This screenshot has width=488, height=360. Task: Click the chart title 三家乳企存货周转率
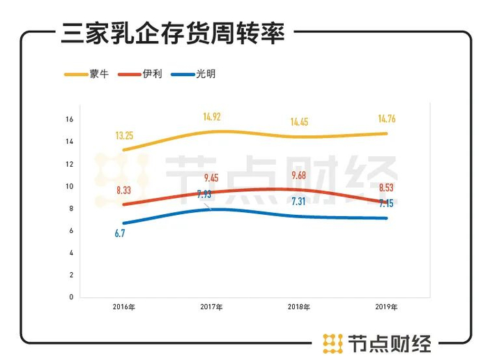[172, 33]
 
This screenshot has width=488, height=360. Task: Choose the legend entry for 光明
[205, 73]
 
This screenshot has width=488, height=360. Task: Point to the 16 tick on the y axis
[69, 119]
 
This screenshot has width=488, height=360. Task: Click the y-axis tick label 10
[69, 186]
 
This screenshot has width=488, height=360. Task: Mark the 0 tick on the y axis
[71, 297]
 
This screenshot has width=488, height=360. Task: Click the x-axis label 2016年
[123, 307]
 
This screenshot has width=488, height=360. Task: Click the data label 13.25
[125, 135]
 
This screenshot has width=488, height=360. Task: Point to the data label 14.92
[212, 117]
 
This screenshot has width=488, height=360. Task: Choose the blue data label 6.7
[120, 234]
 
